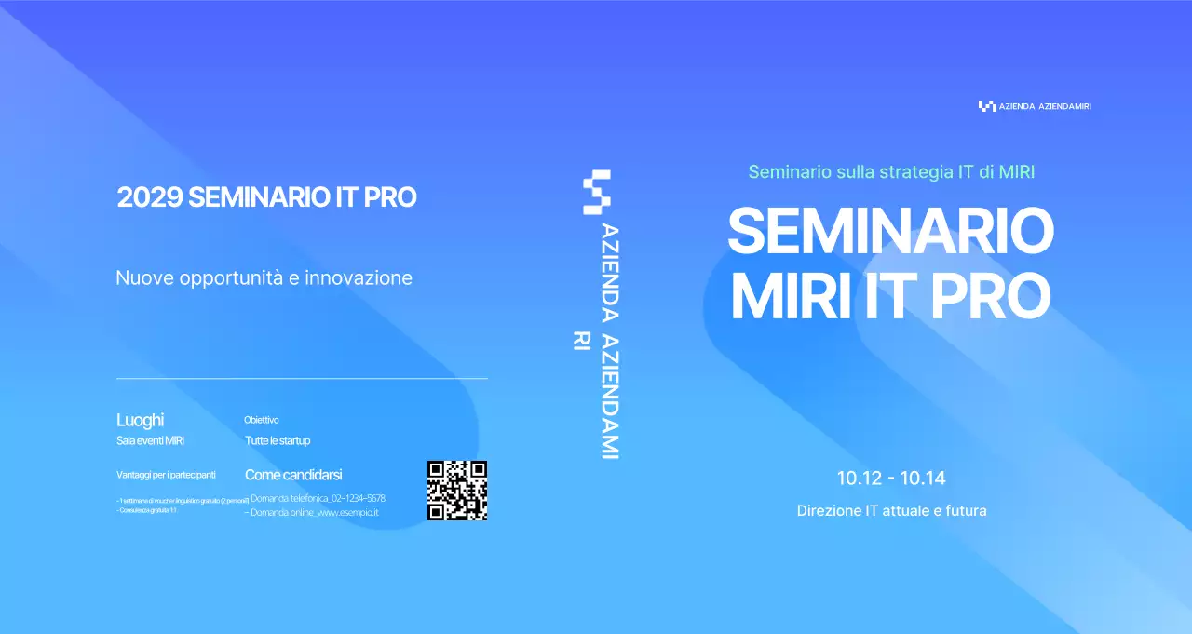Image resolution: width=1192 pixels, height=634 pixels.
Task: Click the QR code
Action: [457, 491]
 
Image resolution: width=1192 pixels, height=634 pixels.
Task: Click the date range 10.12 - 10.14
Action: [891, 479]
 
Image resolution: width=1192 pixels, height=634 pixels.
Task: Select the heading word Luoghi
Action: [140, 420]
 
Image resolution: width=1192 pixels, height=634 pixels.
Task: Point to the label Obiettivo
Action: [262, 420]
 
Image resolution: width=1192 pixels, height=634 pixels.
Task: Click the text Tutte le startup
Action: [278, 440]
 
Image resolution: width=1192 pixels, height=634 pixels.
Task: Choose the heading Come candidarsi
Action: [293, 475]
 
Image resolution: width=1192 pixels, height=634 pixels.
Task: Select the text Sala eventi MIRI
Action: [150, 440]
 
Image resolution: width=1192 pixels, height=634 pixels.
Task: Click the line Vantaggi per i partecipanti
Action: [166, 475]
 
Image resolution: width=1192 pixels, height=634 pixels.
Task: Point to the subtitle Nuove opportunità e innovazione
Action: [264, 277]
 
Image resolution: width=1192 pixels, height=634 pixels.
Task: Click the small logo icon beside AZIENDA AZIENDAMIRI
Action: [987, 106]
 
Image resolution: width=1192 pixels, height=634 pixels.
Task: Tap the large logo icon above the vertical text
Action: [596, 192]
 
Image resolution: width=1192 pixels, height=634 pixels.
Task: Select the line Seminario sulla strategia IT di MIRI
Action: [891, 172]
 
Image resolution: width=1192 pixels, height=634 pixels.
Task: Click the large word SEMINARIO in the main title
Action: [890, 232]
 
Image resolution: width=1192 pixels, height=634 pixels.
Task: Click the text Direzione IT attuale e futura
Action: [891, 511]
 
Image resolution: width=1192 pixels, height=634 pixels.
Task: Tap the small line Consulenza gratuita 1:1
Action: [147, 510]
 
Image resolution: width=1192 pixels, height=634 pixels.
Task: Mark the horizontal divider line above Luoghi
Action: [302, 379]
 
